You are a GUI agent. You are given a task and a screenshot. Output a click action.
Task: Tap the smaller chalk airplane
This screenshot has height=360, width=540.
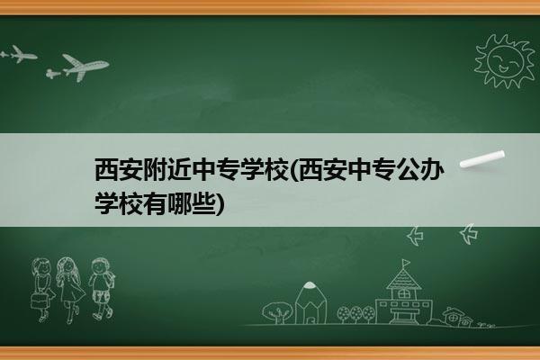[18, 54]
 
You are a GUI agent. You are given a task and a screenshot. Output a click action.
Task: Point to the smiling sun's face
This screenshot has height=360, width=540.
[505, 60]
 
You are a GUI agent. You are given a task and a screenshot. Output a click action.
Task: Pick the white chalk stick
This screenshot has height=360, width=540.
[482, 159]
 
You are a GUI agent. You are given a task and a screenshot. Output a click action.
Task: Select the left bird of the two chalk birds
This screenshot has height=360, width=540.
[415, 236]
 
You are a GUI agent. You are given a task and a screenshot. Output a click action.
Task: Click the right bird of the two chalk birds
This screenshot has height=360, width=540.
[469, 234]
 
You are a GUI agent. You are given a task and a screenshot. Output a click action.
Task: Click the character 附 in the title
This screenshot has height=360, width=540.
[155, 169]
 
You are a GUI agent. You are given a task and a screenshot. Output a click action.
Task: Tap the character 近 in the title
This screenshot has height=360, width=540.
[179, 169]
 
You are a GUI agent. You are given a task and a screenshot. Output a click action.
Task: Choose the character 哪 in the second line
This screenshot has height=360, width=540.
[179, 204]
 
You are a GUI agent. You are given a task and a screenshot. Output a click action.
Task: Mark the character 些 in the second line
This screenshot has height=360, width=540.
[203, 204]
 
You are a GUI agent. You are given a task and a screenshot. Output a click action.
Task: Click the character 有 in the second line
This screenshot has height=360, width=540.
[155, 204]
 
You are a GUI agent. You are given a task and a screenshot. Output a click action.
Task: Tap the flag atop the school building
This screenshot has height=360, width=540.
[406, 263]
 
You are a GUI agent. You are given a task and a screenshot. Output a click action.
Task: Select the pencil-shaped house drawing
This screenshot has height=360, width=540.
[310, 303]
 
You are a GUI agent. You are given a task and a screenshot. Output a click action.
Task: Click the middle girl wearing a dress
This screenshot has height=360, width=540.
[70, 290]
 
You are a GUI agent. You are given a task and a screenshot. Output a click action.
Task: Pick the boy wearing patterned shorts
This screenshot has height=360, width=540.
[101, 289]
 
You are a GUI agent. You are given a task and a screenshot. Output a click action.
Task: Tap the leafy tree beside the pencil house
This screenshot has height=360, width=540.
[276, 312]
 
